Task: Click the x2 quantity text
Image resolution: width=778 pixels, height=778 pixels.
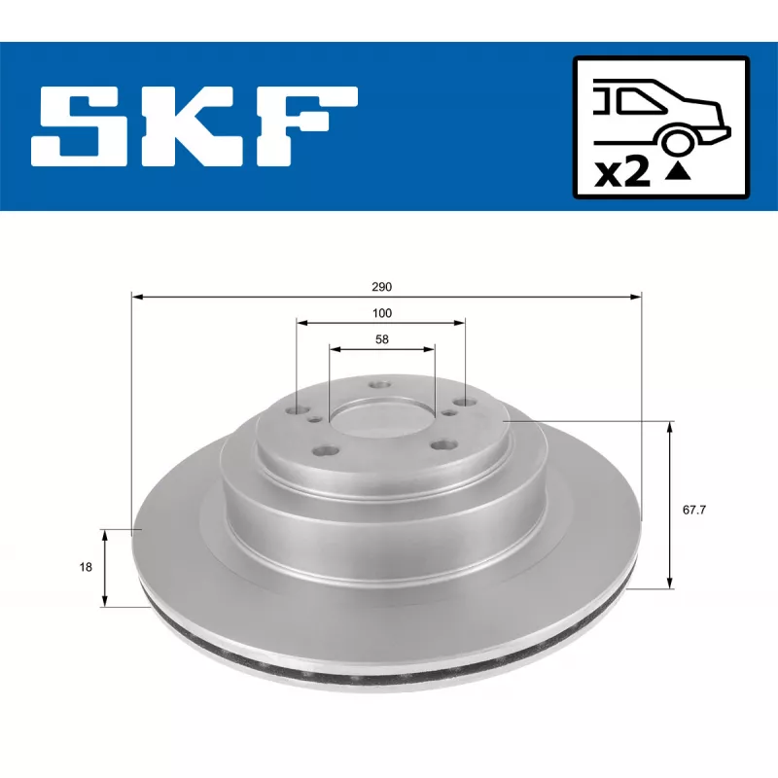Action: pyautogui.click(x=621, y=172)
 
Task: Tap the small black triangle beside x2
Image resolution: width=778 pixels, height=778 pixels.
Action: pyautogui.click(x=679, y=173)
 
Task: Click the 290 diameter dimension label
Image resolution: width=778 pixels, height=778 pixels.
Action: pyautogui.click(x=381, y=288)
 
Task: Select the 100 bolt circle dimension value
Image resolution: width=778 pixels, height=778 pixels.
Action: pyautogui.click(x=381, y=313)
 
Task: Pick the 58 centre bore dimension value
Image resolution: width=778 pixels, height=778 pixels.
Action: pyautogui.click(x=381, y=339)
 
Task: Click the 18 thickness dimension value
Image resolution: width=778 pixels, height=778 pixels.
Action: pyautogui.click(x=87, y=567)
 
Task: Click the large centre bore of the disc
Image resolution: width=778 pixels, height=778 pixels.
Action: pyautogui.click(x=381, y=419)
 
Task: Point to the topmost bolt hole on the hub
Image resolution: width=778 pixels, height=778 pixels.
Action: pyautogui.click(x=380, y=385)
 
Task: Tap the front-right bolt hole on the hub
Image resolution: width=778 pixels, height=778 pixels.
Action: pyautogui.click(x=443, y=445)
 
